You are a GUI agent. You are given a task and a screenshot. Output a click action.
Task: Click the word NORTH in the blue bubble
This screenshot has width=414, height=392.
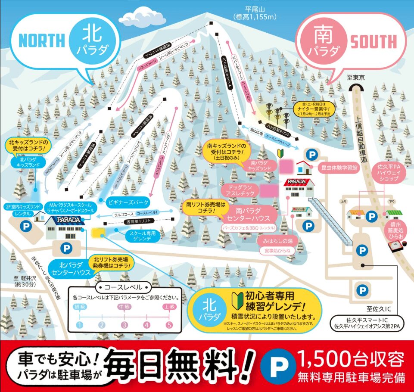(41, 40)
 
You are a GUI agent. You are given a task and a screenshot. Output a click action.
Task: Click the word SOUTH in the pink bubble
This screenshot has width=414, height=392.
(373, 42)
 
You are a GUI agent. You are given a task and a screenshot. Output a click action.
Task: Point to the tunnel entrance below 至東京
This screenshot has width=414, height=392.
(356, 89)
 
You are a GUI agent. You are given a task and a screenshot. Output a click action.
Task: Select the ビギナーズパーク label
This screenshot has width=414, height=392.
(128, 202)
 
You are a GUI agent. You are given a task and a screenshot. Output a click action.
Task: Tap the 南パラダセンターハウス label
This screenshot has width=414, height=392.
(252, 215)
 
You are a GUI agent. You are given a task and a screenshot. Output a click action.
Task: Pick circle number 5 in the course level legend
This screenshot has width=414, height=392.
(169, 325)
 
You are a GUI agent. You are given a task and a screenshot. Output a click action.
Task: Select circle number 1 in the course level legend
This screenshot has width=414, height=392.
(79, 325)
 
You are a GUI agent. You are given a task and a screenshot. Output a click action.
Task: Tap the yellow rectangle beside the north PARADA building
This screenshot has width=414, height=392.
(100, 233)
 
